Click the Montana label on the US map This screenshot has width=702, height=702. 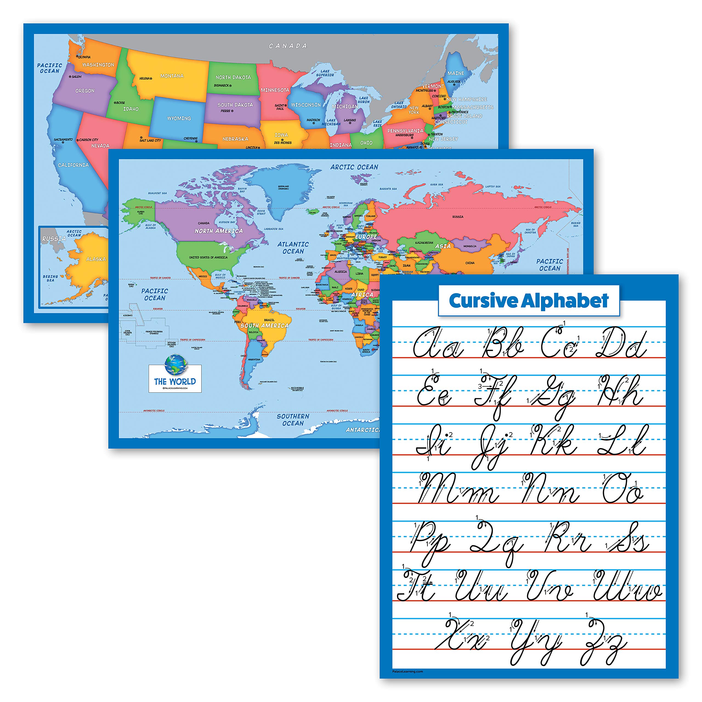(172, 76)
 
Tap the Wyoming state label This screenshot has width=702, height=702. (179, 118)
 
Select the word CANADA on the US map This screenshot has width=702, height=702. (288, 46)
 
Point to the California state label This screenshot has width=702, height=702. (73, 165)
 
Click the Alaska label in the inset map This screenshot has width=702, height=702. (96, 259)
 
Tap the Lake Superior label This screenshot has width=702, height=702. (325, 73)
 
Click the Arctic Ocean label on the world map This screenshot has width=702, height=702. (354, 167)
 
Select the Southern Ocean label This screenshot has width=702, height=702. (293, 420)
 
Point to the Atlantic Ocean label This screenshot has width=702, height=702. (293, 248)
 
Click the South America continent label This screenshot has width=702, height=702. (264, 325)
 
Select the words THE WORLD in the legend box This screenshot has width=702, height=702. (175, 381)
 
